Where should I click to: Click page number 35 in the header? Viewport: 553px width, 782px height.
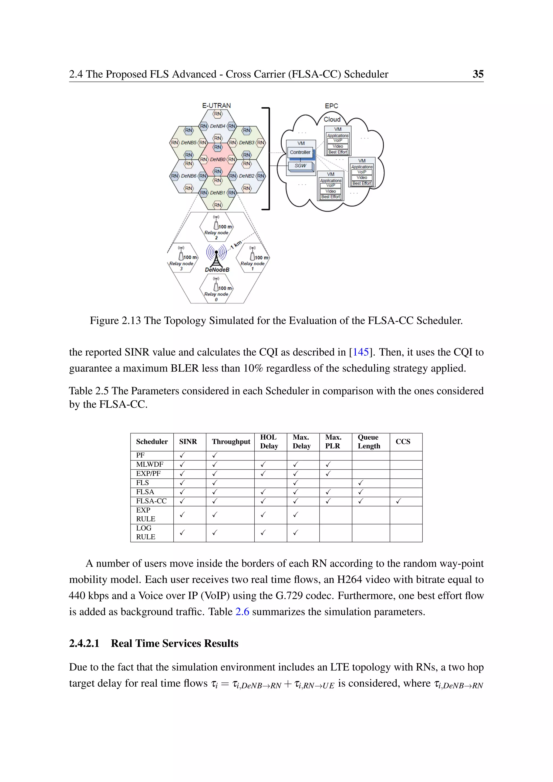click(478, 74)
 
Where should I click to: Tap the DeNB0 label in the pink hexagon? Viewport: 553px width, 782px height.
click(218, 159)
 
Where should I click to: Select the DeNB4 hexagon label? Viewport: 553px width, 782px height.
click(218, 126)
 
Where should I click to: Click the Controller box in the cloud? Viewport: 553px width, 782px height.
click(300, 152)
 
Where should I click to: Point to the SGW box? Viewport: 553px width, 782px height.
click(300, 166)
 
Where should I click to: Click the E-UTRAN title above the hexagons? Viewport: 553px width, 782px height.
click(217, 106)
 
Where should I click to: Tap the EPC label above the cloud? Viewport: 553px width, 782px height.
click(331, 106)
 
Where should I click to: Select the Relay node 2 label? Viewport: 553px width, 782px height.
click(216, 235)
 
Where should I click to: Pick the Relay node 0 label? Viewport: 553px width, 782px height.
click(216, 296)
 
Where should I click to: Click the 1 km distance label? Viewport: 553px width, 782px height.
click(236, 245)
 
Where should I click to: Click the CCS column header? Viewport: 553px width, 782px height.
click(403, 442)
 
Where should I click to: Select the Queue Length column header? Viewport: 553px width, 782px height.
click(369, 442)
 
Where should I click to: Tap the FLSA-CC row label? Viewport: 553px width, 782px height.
click(151, 501)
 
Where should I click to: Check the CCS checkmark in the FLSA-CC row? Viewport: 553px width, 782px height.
click(398, 501)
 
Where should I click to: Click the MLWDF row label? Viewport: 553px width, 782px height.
click(150, 464)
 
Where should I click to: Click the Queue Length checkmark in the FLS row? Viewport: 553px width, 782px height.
click(360, 483)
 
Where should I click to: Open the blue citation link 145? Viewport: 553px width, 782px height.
click(360, 352)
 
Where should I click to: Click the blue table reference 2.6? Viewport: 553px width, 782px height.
click(242, 612)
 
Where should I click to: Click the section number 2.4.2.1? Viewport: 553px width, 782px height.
click(84, 643)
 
